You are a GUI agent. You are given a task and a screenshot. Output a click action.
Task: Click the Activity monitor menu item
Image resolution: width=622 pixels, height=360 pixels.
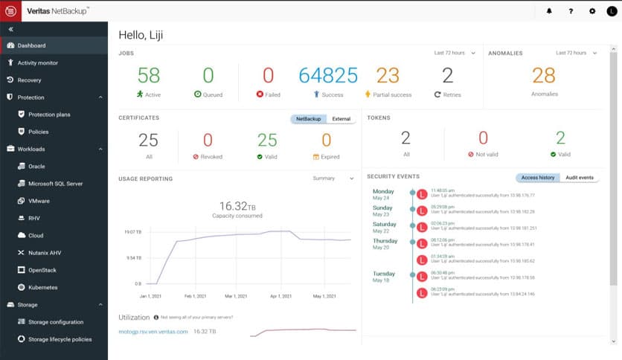(x=37, y=63)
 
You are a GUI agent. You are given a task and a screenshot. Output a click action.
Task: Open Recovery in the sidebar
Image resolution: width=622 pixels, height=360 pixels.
(x=29, y=80)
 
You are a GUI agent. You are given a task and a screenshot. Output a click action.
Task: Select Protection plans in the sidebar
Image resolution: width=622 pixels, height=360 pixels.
(x=49, y=115)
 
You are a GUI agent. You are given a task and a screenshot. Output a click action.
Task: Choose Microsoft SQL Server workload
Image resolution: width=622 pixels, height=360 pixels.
(x=55, y=184)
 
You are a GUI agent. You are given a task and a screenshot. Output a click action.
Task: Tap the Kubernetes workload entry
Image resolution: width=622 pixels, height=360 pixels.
(x=42, y=287)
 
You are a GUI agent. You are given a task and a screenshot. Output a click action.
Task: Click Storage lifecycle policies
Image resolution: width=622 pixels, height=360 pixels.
(x=60, y=339)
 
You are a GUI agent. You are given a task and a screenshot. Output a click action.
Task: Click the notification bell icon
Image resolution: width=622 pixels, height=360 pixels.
(x=549, y=11)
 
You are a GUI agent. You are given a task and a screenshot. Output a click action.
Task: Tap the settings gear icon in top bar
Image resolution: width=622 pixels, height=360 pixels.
(x=592, y=11)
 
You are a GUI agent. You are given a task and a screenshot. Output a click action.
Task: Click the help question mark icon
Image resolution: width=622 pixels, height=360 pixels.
(x=571, y=11)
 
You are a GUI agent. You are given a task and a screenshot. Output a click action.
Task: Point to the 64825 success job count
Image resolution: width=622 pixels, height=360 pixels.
(x=328, y=75)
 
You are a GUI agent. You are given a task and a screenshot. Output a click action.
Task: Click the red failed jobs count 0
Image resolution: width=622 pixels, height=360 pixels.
(x=268, y=75)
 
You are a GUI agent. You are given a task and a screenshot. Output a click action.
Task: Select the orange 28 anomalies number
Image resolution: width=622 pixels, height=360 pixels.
(x=544, y=75)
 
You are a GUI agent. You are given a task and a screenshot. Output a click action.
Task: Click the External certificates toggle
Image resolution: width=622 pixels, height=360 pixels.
(x=342, y=119)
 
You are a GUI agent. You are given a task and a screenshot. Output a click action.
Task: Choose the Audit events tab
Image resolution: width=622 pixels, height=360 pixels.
(x=579, y=178)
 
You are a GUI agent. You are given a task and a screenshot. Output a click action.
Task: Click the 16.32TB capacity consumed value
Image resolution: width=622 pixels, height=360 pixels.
(x=237, y=205)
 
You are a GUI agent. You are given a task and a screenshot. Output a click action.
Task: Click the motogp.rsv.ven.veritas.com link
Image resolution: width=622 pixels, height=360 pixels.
(x=153, y=331)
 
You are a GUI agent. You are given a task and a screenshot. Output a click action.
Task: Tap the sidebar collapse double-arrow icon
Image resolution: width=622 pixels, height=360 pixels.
(x=11, y=29)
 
